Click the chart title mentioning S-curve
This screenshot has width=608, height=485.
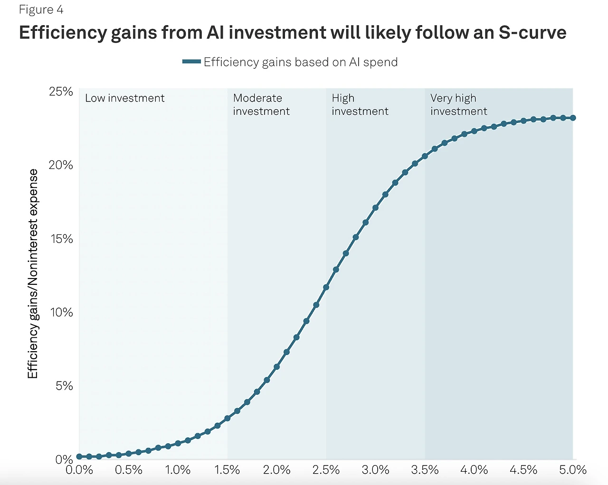pos(293,33)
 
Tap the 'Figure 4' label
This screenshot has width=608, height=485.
pos(41,9)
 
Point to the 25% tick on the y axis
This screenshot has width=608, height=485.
pos(61,91)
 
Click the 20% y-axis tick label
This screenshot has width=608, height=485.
pos(61,165)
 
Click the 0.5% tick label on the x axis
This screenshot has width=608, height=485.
pos(129,470)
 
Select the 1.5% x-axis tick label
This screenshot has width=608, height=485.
pos(227,470)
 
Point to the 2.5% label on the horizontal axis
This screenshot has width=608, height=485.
pos(326,470)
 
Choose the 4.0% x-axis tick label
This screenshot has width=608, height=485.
pos(474,470)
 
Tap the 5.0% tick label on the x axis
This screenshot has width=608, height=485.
pos(572,470)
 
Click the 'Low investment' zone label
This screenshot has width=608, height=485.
pos(124,98)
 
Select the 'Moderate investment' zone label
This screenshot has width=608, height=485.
pos(261,104)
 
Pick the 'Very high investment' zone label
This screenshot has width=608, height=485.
pos(458,104)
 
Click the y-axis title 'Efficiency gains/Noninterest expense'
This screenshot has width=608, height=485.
pos(32,274)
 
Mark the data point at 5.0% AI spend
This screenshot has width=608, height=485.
pos(573,118)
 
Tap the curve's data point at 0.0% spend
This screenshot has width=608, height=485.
pos(79,457)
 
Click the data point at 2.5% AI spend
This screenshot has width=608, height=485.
pos(326,288)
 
